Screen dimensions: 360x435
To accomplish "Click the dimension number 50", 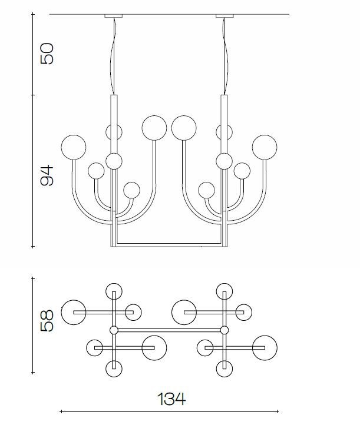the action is pyautogui.click(x=47, y=54).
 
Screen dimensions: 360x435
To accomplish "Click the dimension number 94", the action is pyautogui.click(x=47, y=175).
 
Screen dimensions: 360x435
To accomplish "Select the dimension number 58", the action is pyautogui.click(x=47, y=321).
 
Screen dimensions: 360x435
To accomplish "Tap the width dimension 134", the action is pyautogui.click(x=171, y=399).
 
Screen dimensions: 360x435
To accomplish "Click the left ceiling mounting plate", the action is pyautogui.click(x=113, y=16).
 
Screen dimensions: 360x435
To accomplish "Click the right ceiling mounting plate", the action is pyautogui.click(x=224, y=16).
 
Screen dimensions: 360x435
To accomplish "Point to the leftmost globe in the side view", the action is pyautogui.click(x=73, y=147).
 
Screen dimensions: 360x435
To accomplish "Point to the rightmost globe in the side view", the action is pyautogui.click(x=265, y=147).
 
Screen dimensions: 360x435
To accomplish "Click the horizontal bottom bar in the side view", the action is pyautogui.click(x=169, y=245).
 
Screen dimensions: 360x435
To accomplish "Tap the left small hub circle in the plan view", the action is pyautogui.click(x=114, y=330).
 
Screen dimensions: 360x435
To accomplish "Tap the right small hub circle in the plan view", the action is pyautogui.click(x=224, y=330).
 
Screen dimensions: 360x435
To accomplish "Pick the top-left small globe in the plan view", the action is pyautogui.click(x=114, y=291).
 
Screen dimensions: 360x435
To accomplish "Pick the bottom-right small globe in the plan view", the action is pyautogui.click(x=224, y=368).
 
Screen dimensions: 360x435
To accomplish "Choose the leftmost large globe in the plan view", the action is pyautogui.click(x=73, y=313).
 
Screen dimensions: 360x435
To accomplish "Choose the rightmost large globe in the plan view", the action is pyautogui.click(x=265, y=348).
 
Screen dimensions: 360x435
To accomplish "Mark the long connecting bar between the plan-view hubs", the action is pyautogui.click(x=169, y=330).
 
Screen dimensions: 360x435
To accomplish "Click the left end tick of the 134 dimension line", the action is pyautogui.click(x=61, y=411).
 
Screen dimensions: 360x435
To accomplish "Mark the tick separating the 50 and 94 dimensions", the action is pyautogui.click(x=33, y=95).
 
